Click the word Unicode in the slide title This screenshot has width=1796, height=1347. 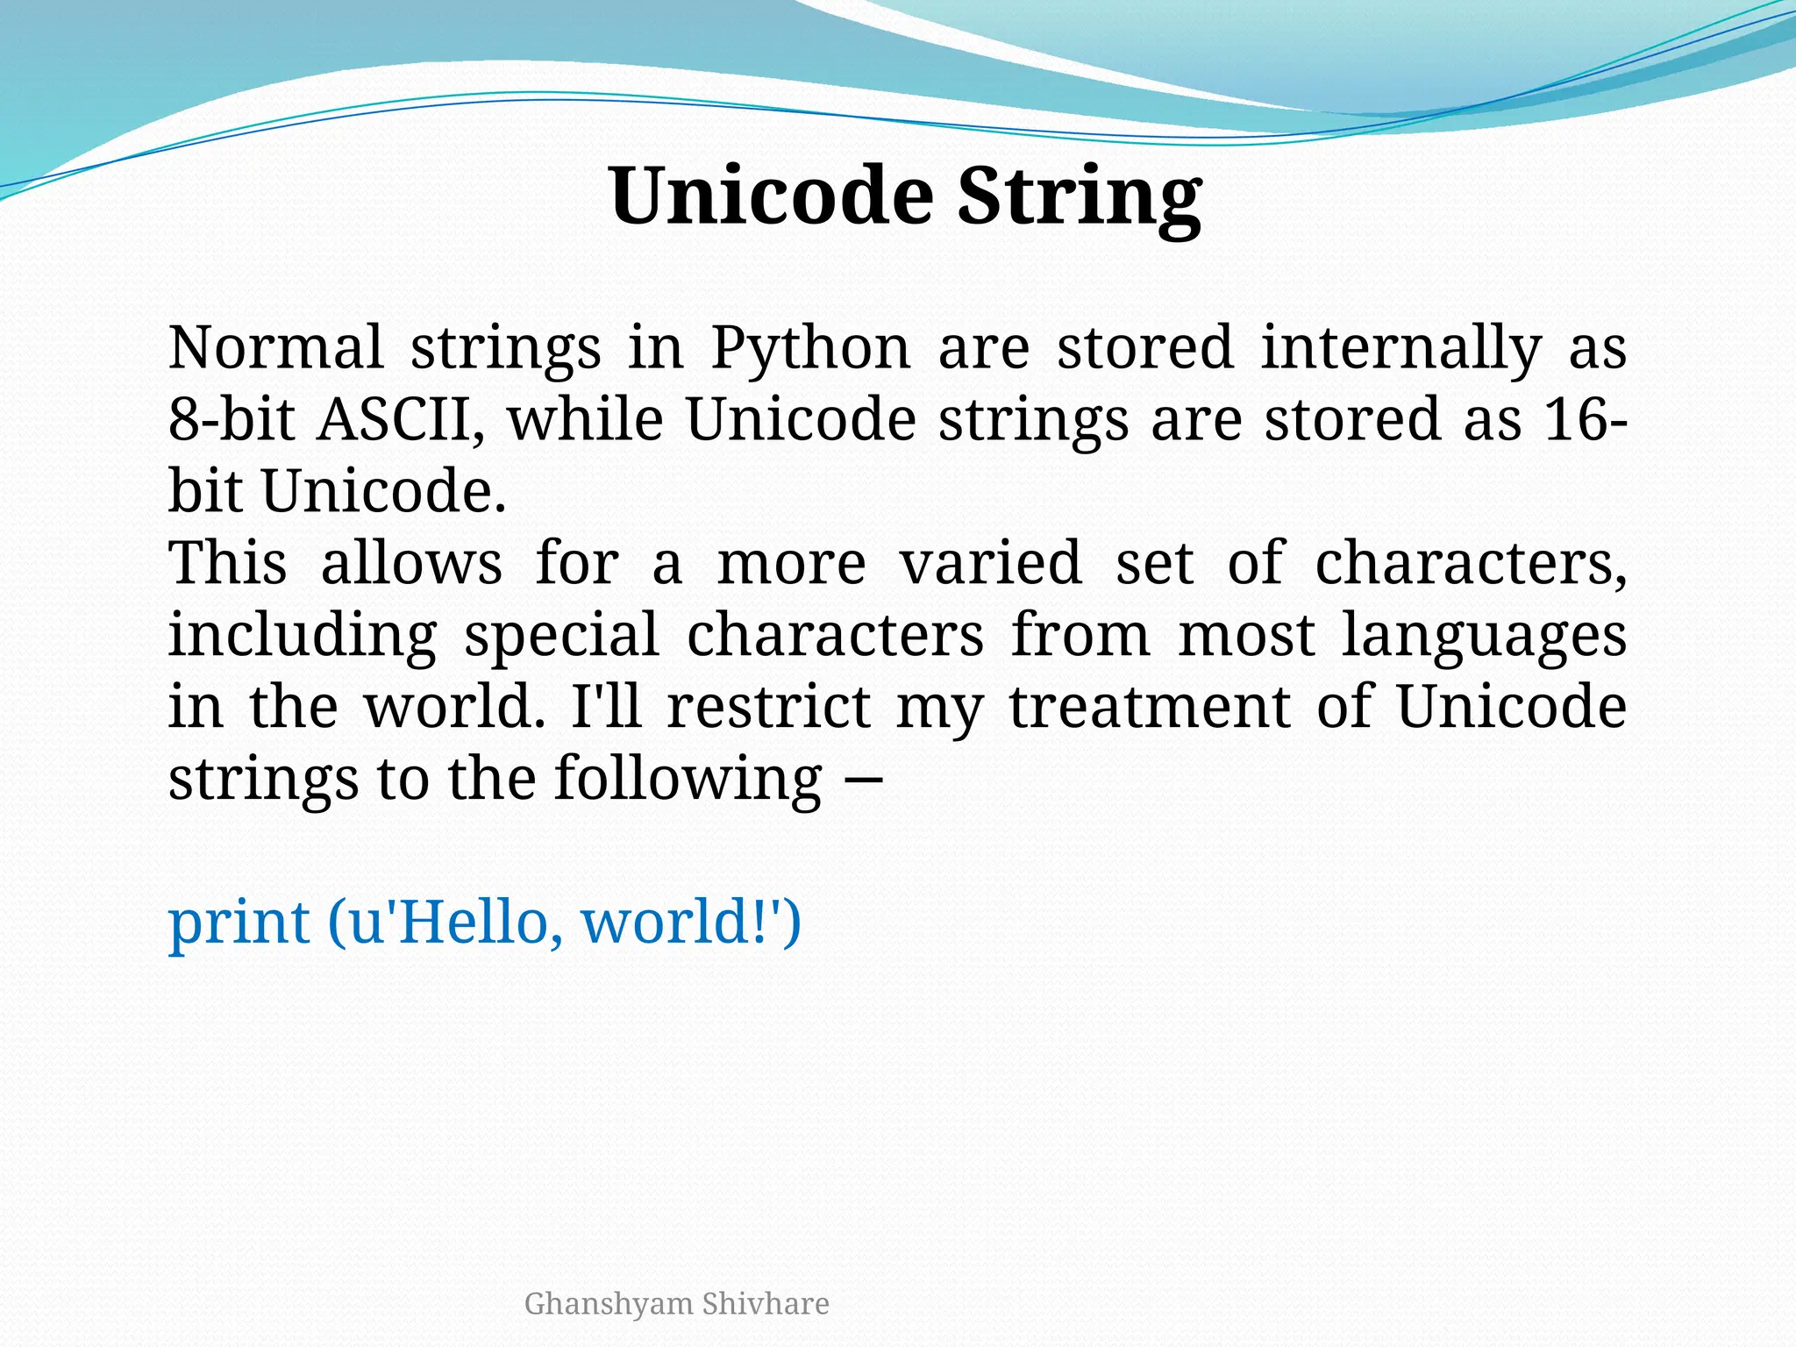coord(771,196)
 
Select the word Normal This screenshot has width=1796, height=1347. coord(275,347)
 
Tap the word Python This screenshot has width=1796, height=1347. coord(810,349)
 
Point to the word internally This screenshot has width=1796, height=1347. coord(1400,349)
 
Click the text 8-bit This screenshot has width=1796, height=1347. coord(231,419)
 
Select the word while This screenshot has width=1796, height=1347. coord(585,419)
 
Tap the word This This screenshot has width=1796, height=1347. coord(227,563)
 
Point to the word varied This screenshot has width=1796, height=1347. coord(990,563)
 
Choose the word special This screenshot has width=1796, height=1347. coord(561,637)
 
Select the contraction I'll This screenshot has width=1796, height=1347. coord(607,707)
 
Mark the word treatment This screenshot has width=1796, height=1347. coord(1150,707)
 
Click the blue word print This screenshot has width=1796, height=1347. coord(238,924)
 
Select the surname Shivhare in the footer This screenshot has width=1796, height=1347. coord(766,1304)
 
